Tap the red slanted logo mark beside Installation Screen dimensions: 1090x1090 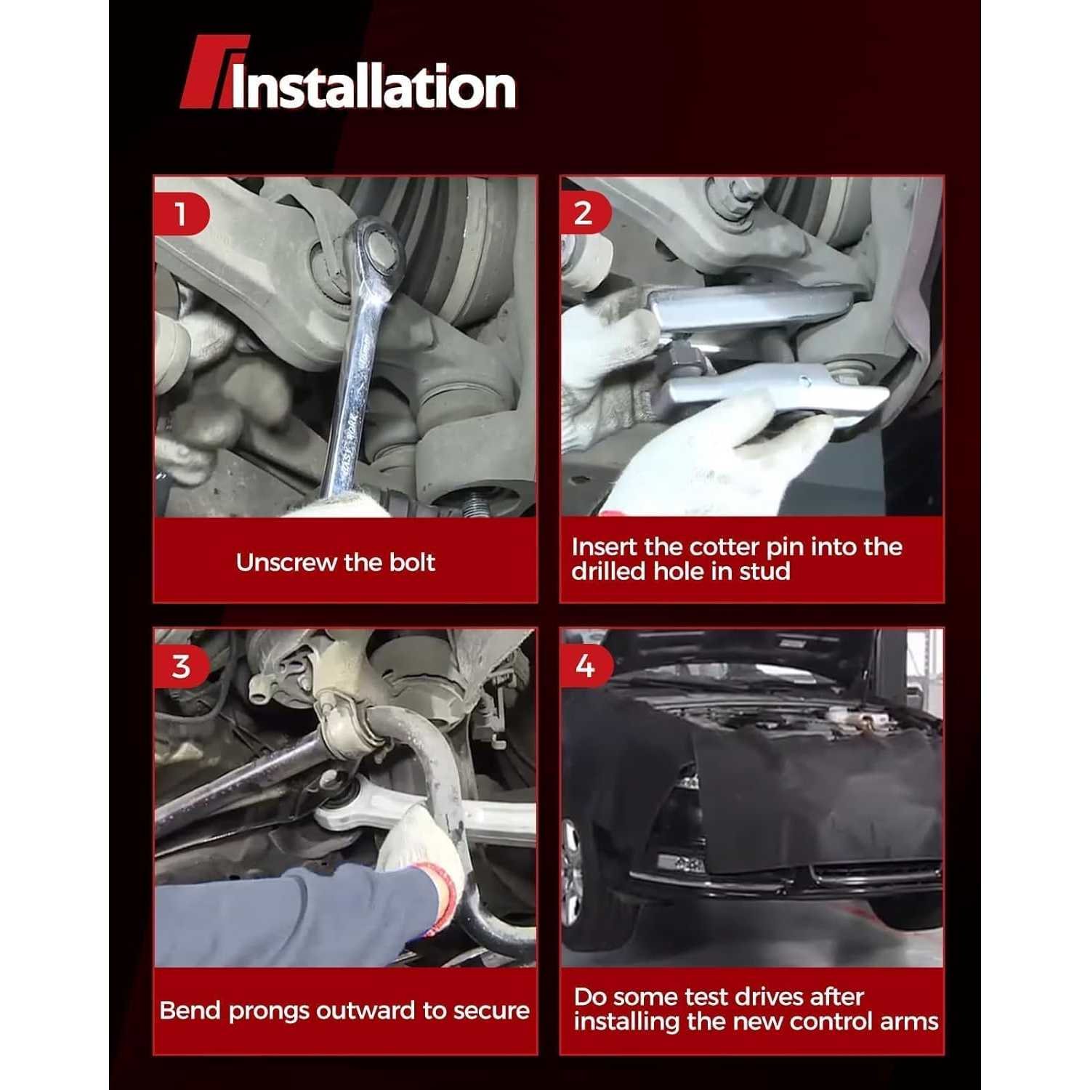click(207, 73)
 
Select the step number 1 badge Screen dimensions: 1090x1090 click(180, 214)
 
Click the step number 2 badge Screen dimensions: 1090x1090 click(584, 214)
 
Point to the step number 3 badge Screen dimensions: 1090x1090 click(181, 666)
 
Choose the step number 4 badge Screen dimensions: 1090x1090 click(585, 666)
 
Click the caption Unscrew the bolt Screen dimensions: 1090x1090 click(335, 562)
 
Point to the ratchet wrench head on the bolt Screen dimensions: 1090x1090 click(374, 247)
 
